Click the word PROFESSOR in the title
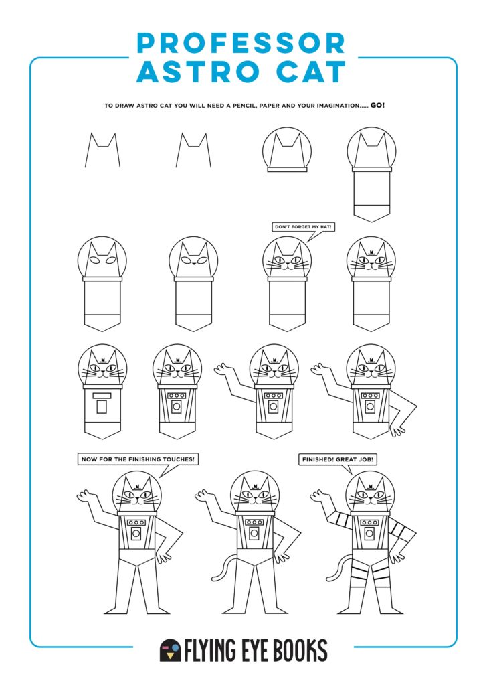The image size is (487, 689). click(241, 43)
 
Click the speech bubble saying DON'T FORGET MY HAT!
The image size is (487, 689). click(303, 227)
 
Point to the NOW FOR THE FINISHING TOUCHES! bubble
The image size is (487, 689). click(138, 459)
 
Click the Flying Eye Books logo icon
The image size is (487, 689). click(170, 649)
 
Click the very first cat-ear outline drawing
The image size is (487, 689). click(102, 150)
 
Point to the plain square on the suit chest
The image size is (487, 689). click(102, 406)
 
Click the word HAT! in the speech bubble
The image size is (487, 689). click(325, 227)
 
